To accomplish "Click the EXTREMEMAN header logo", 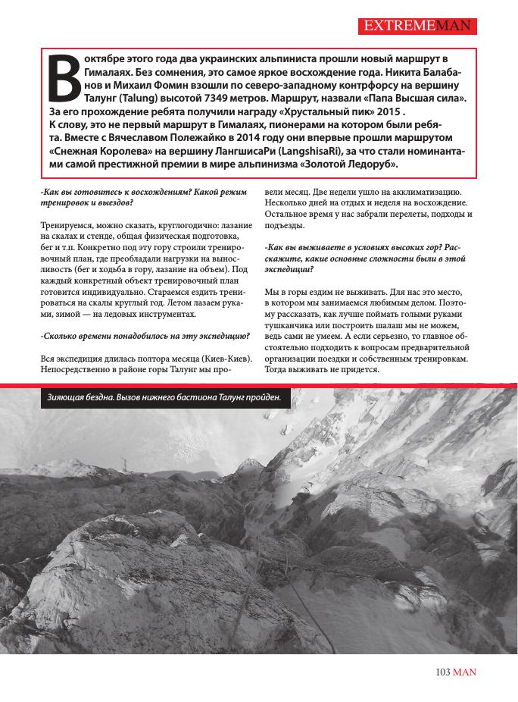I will [x=418, y=27].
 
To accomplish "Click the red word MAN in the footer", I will [x=466, y=672].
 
